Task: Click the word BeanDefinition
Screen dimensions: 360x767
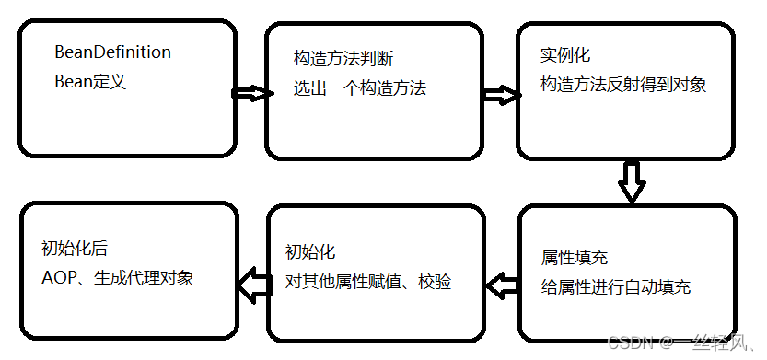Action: point(113,52)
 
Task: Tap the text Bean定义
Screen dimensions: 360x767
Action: point(89,81)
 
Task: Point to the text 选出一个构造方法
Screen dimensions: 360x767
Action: point(360,89)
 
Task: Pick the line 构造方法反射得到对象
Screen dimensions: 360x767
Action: point(622,86)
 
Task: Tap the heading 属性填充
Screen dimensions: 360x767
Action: point(575,258)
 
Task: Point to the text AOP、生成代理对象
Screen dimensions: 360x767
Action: point(118,277)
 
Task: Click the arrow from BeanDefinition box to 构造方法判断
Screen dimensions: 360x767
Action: point(247,93)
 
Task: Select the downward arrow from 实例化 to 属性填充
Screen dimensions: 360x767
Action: point(631,181)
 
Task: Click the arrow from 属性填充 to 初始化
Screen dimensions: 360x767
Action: point(501,285)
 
